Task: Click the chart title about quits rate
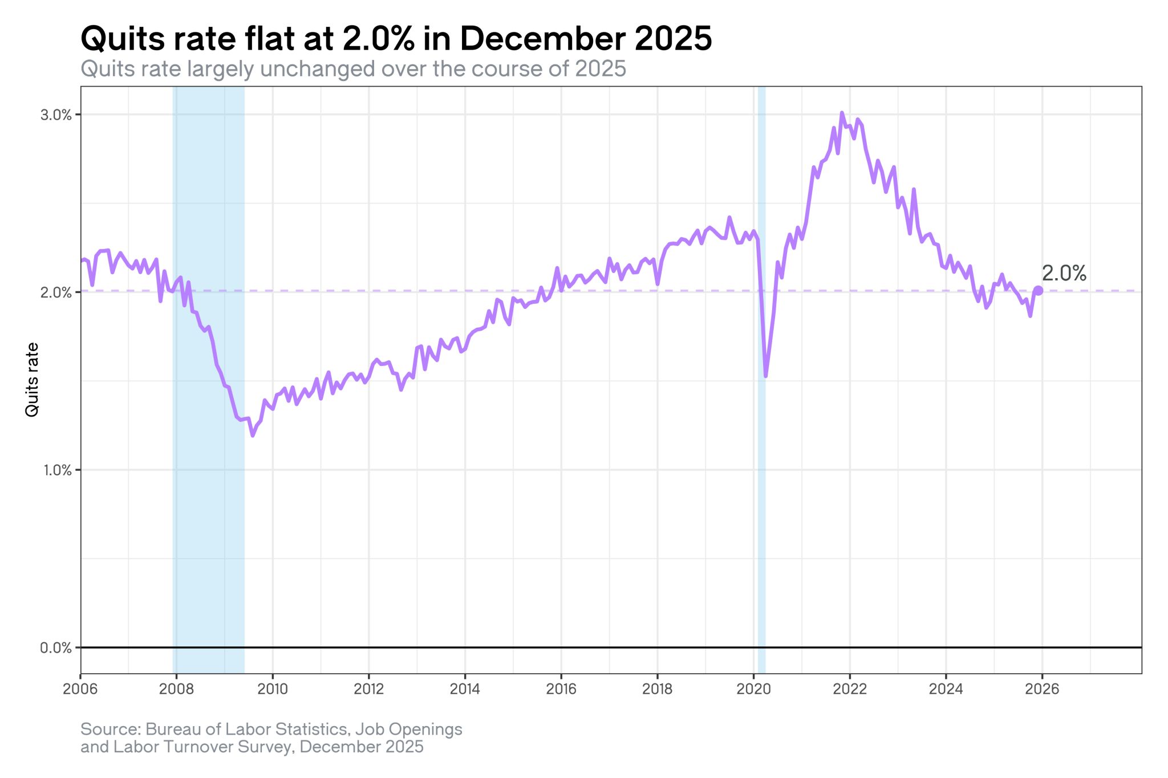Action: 396,39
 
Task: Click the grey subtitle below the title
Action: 354,69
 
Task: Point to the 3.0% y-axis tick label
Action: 56,115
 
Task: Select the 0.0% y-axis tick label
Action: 56,648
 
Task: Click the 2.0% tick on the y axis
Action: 56,292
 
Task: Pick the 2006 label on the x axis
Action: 80,689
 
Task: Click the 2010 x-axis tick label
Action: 273,689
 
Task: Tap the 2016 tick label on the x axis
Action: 561,689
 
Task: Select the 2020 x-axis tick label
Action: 753,689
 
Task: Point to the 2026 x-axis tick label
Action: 1042,689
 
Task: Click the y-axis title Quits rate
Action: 32,380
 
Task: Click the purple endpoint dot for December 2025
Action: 1039,291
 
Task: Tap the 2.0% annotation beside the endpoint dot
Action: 1064,274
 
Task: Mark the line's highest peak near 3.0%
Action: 842,113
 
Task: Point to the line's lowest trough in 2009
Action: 253,435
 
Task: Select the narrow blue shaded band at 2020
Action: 761,380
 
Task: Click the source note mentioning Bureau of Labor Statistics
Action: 271,738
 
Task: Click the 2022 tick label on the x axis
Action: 850,689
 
